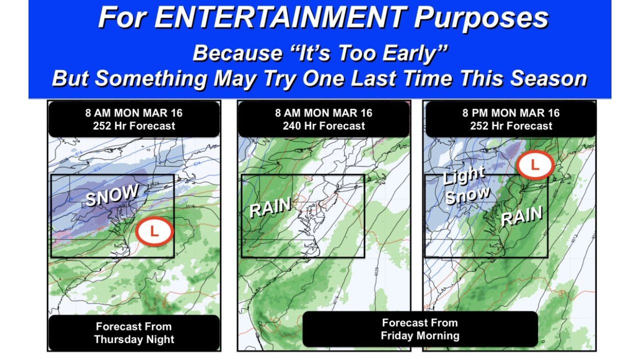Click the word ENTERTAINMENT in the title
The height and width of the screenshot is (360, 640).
[x=281, y=18]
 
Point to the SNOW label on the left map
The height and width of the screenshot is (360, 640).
[x=111, y=195]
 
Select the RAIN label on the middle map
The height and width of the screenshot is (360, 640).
[x=270, y=206]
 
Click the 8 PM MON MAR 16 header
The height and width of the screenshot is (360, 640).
[x=511, y=113]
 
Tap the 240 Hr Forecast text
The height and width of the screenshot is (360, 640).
[x=324, y=126]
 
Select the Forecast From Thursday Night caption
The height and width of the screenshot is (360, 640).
[x=134, y=333]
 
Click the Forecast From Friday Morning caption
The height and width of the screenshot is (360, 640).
[x=420, y=329]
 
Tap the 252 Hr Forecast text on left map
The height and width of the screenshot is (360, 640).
[x=134, y=126]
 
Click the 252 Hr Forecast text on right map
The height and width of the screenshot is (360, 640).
[x=511, y=126]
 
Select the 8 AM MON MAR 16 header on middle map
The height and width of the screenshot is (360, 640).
[x=324, y=113]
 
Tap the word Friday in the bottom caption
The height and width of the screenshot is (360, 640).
[x=397, y=335]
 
